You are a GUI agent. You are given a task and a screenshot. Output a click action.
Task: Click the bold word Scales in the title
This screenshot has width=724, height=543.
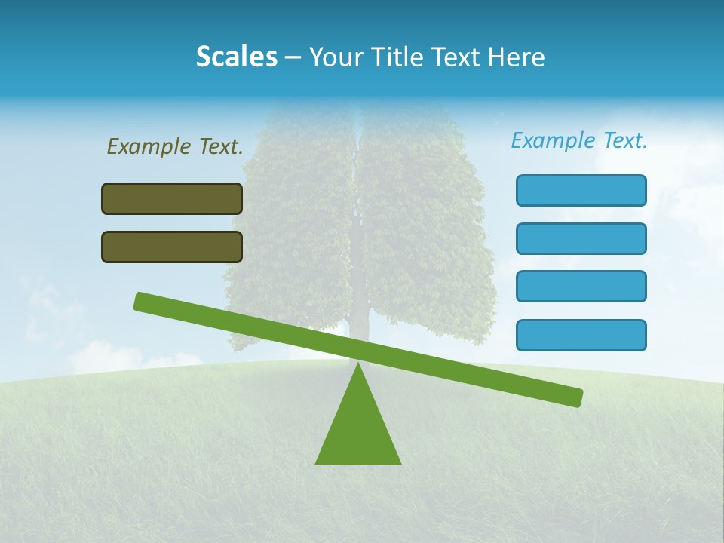click(236, 57)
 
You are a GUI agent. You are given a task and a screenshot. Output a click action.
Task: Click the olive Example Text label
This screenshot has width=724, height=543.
click(175, 146)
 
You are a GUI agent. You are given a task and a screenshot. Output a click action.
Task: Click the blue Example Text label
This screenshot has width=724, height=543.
click(579, 140)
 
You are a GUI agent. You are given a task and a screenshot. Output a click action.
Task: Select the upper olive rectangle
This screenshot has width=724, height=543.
click(172, 198)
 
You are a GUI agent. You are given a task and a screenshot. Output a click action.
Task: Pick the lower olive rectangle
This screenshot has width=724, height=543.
click(172, 247)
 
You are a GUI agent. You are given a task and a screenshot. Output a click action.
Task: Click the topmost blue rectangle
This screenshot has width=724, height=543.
click(581, 190)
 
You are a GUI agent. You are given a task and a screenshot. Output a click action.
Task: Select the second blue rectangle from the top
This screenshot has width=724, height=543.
click(581, 238)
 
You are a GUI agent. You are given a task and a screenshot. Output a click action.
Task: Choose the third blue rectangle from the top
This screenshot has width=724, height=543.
click(581, 286)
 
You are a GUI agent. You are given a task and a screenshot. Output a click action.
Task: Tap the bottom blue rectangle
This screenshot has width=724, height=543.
click(581, 335)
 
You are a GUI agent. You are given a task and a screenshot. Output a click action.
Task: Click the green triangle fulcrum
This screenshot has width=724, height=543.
click(358, 430)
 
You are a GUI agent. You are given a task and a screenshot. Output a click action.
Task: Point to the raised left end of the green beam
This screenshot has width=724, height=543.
click(140, 301)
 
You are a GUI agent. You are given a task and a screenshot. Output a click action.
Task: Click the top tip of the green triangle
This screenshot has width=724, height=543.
click(358, 365)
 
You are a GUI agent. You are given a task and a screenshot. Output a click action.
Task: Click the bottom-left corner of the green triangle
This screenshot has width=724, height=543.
click(317, 462)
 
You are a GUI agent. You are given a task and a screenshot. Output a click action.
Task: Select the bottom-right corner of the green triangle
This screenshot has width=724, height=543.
click(400, 462)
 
